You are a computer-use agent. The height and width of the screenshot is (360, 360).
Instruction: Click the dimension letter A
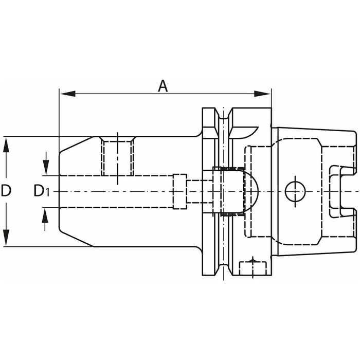tap(163, 86)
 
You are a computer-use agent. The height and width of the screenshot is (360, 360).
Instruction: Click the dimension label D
tap(6, 191)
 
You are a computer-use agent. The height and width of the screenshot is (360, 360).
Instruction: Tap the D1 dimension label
tap(41, 191)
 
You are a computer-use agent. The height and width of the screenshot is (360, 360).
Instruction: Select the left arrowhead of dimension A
tap(68, 94)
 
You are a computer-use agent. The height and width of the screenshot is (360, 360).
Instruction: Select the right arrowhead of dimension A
tap(262, 94)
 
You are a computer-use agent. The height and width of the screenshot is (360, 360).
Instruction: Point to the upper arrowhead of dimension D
tap(6, 145)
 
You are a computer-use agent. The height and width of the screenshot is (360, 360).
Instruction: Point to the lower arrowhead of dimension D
tap(6, 238)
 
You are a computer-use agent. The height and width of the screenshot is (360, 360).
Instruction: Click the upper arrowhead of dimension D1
tap(46, 168)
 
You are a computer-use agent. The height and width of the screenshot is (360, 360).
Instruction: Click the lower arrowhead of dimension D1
tap(45, 215)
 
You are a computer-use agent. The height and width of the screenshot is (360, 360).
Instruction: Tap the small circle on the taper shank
tap(295, 191)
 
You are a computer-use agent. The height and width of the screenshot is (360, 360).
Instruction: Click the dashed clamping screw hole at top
tap(118, 156)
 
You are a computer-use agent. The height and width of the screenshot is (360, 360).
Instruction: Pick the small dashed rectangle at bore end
tap(180, 191)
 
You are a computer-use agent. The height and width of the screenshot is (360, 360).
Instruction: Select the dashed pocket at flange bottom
tap(253, 268)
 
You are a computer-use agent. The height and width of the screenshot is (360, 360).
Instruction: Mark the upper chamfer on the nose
tap(77, 145)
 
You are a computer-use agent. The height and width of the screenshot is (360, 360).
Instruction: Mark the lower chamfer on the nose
tap(77, 238)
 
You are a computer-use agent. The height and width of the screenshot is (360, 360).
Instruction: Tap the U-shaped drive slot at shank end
tap(342, 191)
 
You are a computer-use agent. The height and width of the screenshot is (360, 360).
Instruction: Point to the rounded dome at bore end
tap(251, 191)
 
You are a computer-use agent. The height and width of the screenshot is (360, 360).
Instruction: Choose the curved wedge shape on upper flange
tap(244, 132)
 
